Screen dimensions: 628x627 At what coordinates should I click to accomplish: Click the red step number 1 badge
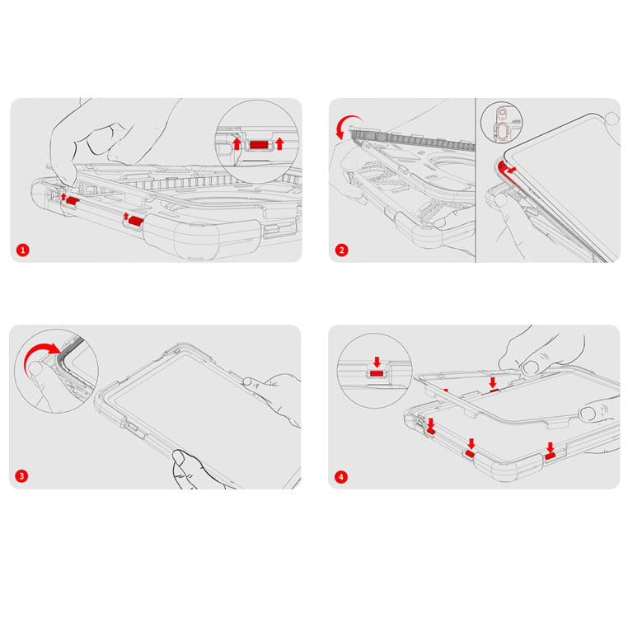23,250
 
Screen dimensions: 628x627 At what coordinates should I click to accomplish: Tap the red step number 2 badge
341,250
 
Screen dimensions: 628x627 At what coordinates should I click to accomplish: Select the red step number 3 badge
21,476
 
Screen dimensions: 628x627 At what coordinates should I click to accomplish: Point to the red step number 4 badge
341,476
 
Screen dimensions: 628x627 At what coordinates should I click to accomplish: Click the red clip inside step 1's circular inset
258,144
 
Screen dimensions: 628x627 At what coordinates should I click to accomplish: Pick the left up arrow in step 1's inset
237,143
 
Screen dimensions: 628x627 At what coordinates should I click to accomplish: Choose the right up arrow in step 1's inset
279,143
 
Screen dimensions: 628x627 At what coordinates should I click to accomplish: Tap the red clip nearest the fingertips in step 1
72,200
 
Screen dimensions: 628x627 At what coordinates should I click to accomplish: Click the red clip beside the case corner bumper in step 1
136,221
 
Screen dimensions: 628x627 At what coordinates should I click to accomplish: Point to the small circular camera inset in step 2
501,122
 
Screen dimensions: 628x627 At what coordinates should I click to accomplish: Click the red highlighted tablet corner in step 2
505,171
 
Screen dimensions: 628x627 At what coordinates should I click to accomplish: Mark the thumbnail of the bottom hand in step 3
179,456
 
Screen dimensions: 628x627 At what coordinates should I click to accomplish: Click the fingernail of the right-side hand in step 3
248,382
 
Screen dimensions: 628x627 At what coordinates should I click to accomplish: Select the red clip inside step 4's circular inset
377,373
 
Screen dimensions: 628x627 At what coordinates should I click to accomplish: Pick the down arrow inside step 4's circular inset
377,362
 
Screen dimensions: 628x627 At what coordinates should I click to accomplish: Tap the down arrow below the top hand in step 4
493,382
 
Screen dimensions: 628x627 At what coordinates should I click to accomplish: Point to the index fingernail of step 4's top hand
530,367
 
